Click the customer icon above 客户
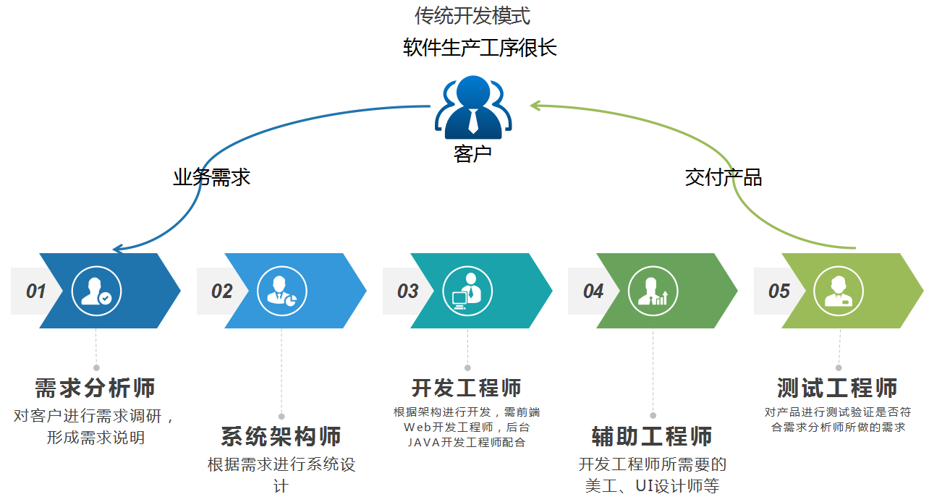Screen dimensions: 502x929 point(473,108)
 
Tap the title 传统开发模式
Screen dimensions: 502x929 point(472,15)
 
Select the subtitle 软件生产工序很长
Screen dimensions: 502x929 point(480,48)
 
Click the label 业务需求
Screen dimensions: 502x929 point(211,177)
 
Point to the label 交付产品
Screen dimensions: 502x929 point(723,177)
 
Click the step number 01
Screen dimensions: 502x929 point(35,292)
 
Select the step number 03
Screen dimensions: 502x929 point(407,292)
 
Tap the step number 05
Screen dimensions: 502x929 point(779,292)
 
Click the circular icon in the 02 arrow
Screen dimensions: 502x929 point(282,291)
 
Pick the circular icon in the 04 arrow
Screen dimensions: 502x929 point(653,291)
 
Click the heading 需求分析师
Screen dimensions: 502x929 point(96,388)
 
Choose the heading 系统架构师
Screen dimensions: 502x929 point(281,437)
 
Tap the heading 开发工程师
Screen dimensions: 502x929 point(467,388)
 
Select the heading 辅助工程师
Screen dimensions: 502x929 point(652,437)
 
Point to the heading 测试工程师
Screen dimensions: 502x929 point(838,388)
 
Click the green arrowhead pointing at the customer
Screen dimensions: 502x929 point(535,106)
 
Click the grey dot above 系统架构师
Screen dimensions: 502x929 point(281,417)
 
